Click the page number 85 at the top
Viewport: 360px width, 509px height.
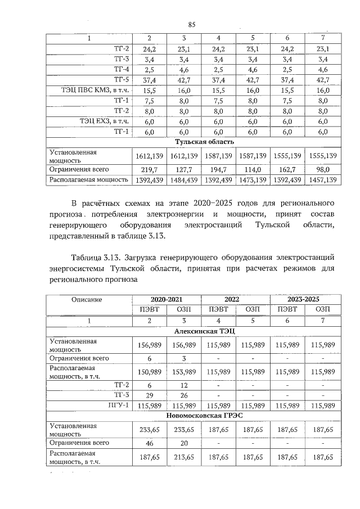(x=191, y=24)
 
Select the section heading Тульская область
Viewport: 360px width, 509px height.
(x=205, y=142)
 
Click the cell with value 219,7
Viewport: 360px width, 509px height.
(x=150, y=169)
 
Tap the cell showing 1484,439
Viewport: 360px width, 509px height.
(x=183, y=181)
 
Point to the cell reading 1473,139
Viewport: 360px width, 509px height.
(x=253, y=181)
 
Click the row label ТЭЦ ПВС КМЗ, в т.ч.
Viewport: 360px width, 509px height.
(x=96, y=90)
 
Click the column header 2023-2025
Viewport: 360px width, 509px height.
(x=305, y=299)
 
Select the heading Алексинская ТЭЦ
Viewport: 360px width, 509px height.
(x=204, y=332)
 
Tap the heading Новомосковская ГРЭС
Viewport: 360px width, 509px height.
(x=204, y=416)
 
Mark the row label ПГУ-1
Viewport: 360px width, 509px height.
(x=119, y=406)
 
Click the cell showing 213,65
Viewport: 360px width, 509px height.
(x=183, y=457)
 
